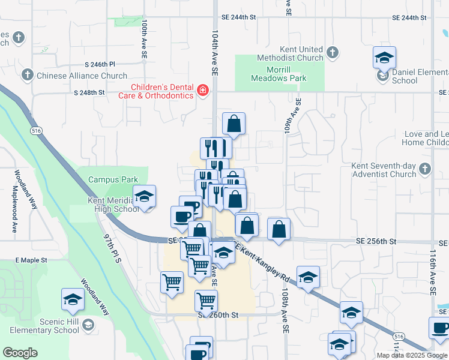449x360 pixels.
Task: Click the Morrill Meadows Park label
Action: [279, 73]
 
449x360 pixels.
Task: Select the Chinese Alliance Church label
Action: [82, 76]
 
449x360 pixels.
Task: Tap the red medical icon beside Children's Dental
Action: [203, 91]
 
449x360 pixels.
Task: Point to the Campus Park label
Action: [113, 179]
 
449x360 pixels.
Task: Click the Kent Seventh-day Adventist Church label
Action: [385, 170]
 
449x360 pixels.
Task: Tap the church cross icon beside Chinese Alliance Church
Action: [27, 76]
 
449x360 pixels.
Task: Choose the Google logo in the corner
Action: [20, 352]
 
